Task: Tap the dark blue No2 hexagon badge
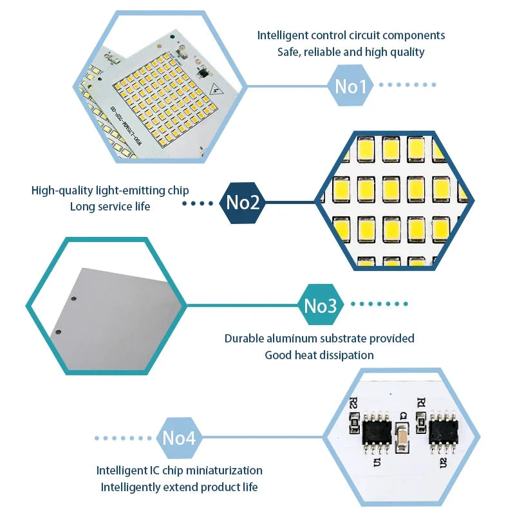tap(243, 203)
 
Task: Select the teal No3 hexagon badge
tap(320, 306)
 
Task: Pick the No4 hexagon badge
tap(178, 438)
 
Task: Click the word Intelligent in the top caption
tap(282, 35)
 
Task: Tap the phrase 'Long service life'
tap(109, 207)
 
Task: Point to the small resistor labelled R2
tap(353, 422)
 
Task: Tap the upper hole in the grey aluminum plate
tap(74, 299)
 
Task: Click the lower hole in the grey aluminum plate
tap(58, 332)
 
